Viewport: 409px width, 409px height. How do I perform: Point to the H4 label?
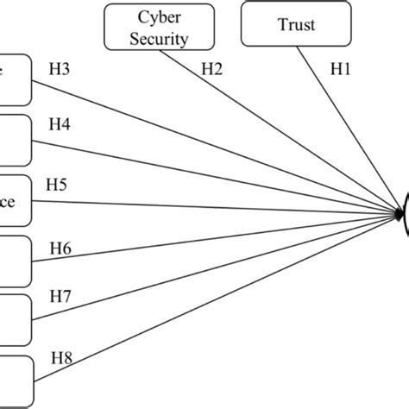click(x=58, y=124)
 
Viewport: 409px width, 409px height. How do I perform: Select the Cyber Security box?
click(x=145, y=28)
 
